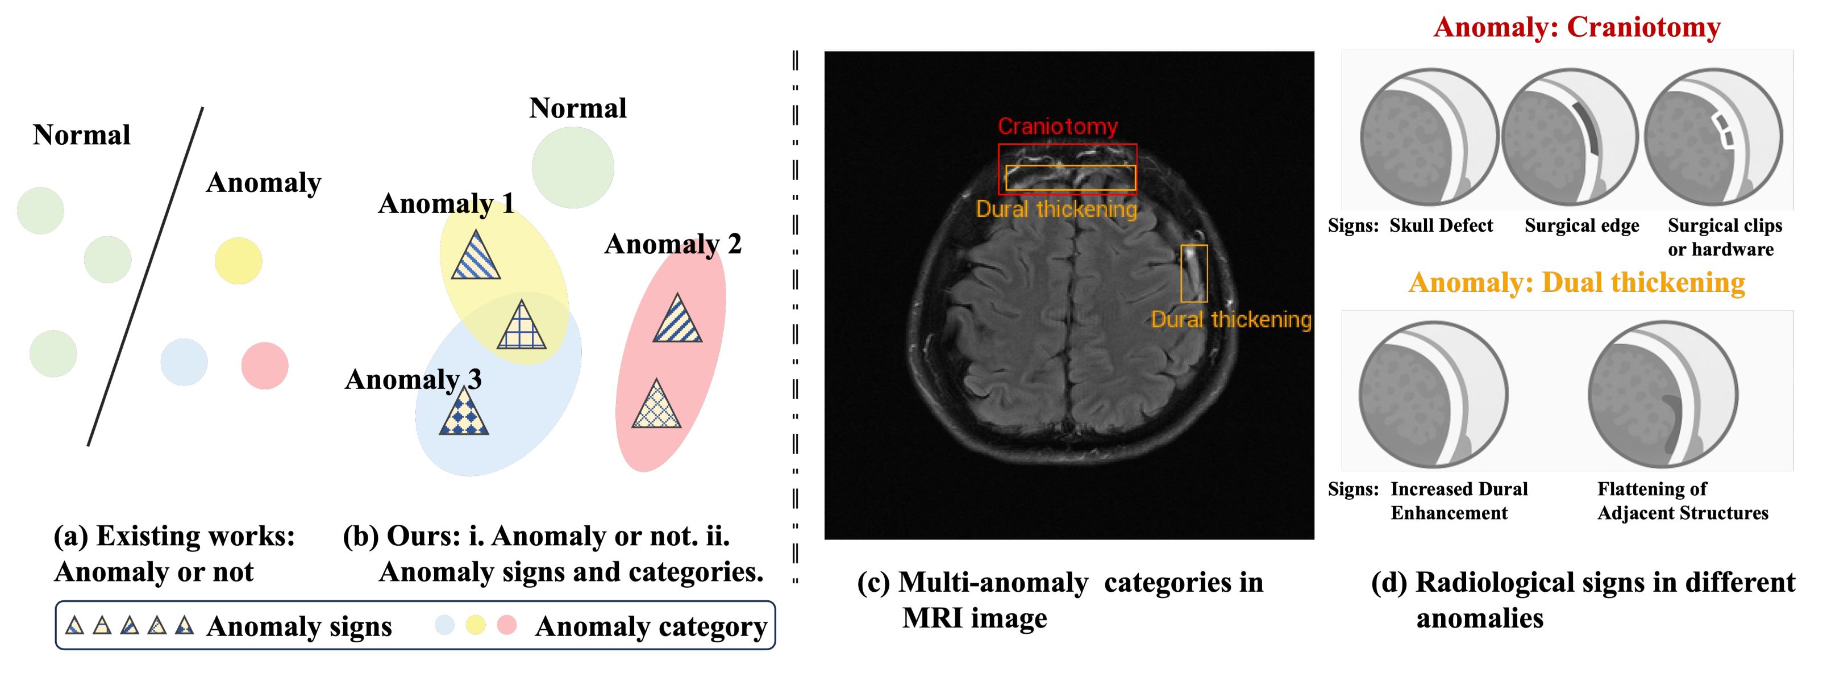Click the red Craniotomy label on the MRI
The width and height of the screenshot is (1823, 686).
point(1058,127)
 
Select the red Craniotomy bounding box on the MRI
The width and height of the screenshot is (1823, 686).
point(1067,169)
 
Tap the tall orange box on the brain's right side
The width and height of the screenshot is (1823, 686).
point(1194,273)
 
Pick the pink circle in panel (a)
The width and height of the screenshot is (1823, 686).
point(265,366)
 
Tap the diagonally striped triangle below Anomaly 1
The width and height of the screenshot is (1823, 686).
point(476,254)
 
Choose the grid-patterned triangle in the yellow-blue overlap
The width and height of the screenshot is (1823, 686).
point(522,325)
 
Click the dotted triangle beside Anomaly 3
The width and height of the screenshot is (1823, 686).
point(464,410)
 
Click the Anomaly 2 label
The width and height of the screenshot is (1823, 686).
point(673,244)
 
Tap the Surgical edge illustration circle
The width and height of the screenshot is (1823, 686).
point(1570,137)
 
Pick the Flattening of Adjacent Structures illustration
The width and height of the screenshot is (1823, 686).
point(1662,394)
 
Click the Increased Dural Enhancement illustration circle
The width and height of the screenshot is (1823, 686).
point(1433,394)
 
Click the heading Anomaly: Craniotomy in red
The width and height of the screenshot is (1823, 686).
point(1577,27)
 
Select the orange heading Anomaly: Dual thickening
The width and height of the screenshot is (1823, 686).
point(1577,282)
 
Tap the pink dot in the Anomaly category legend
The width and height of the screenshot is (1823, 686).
point(507,625)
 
